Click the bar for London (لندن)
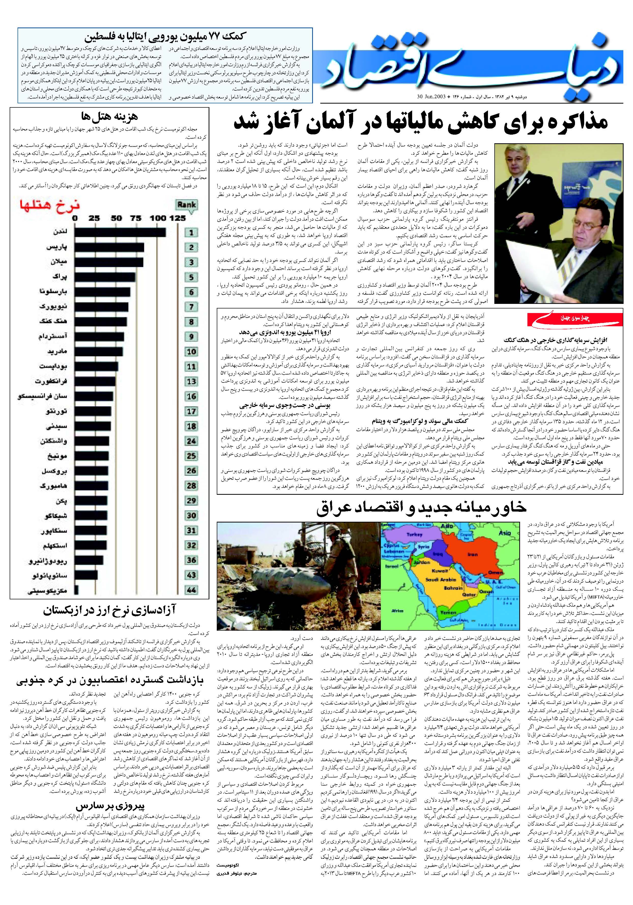click(120, 232)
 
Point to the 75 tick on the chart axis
click(136, 218)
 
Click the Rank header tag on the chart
click(186, 205)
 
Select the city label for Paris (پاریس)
click(57, 247)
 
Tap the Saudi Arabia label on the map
click(441, 579)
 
